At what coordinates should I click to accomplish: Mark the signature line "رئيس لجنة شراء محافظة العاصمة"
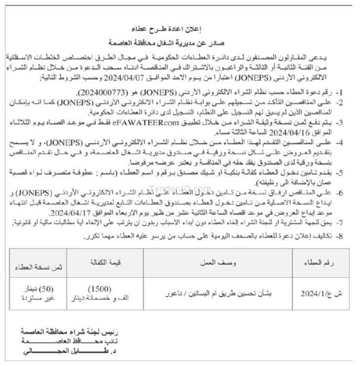56,330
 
